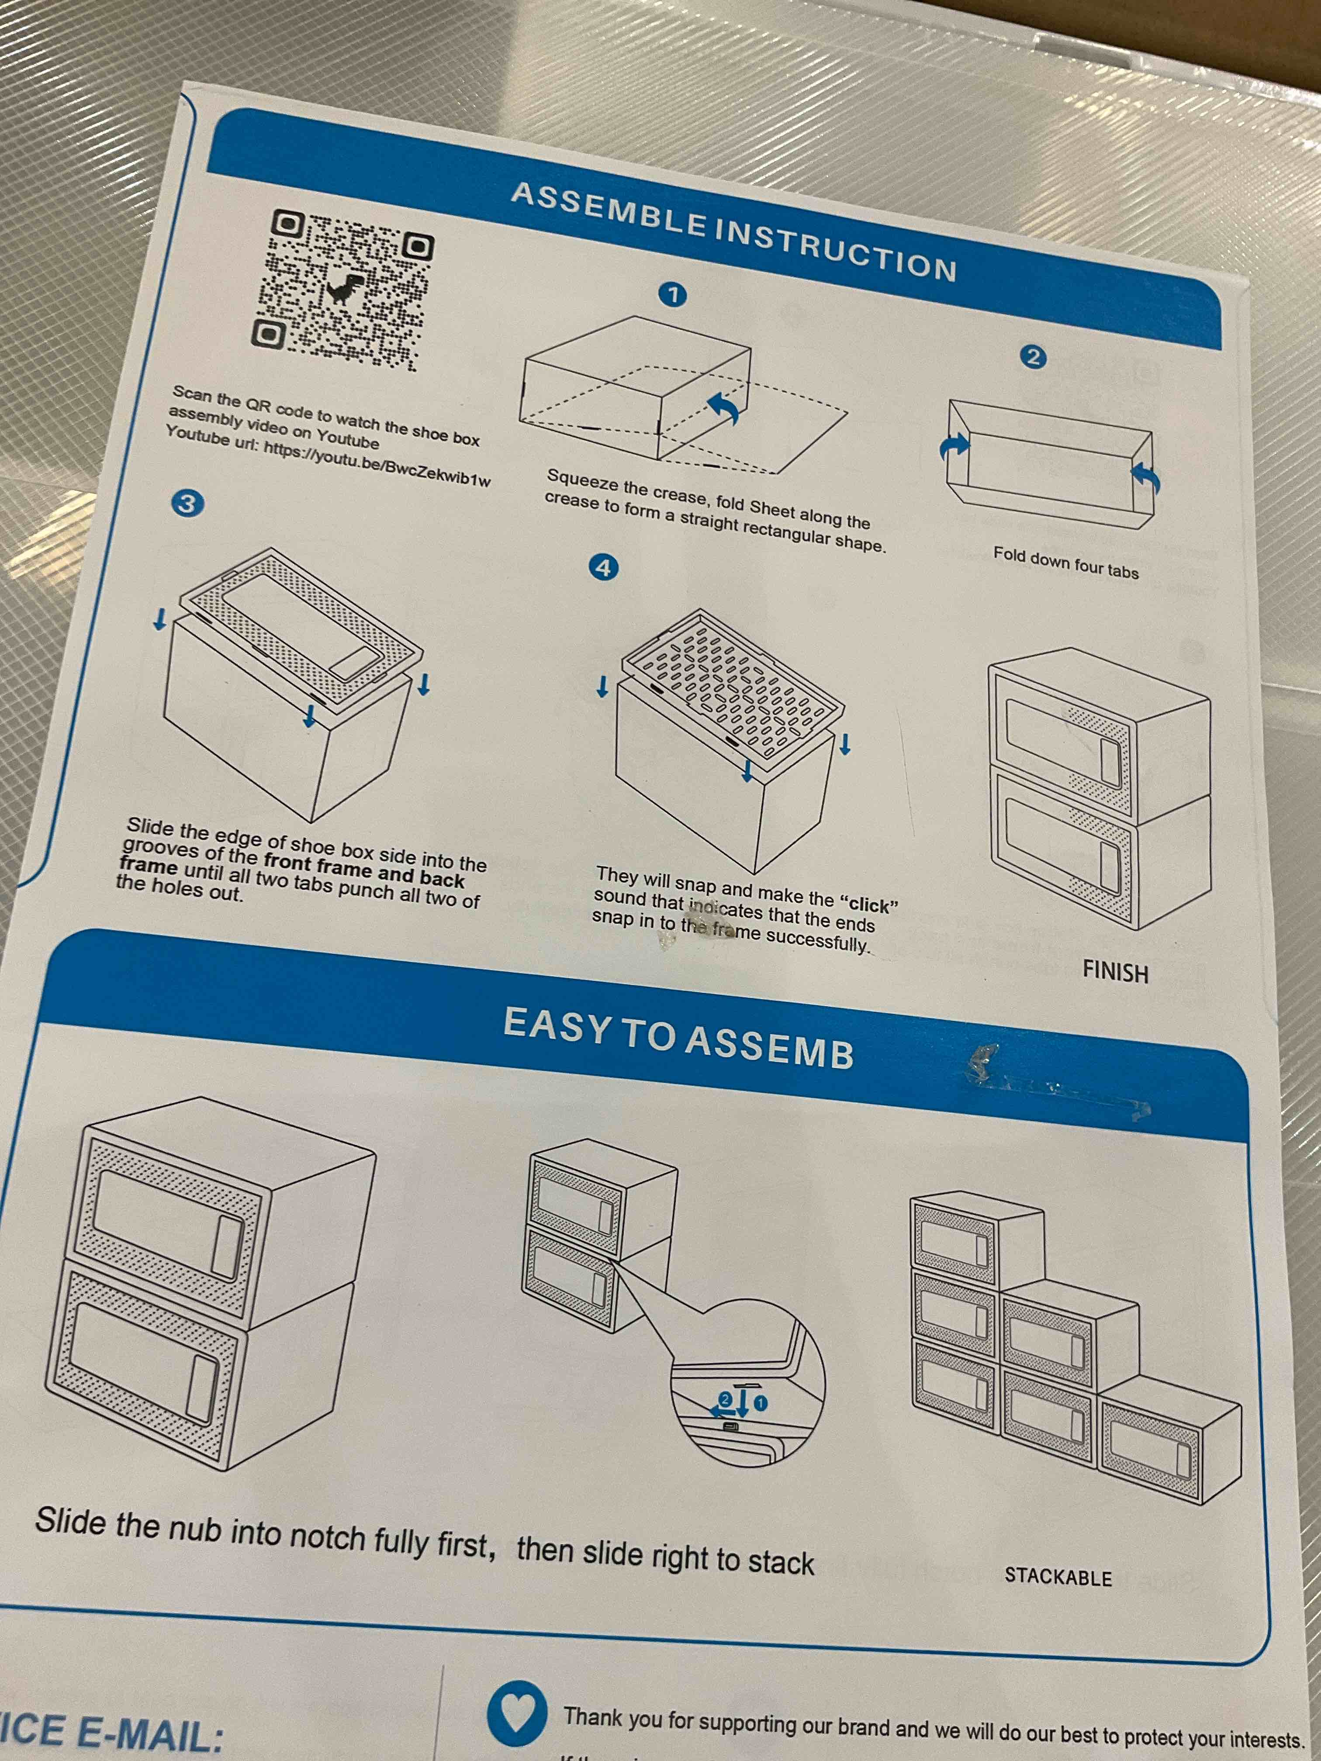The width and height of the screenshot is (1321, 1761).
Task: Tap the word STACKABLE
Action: pos(1058,1577)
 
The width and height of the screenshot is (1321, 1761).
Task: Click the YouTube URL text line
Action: pos(328,456)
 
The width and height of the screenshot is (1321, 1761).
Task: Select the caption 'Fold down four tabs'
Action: pos(1065,563)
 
